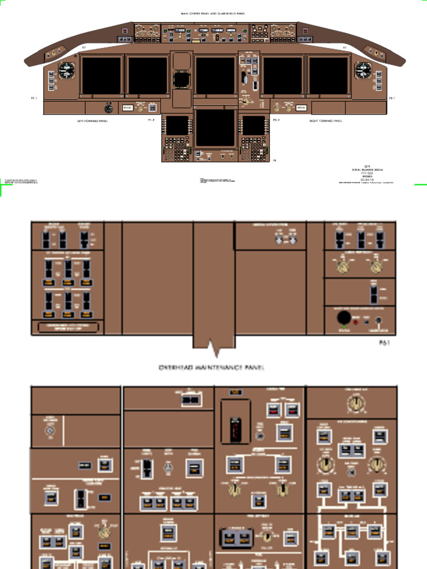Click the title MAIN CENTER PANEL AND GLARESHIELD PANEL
pos(213,13)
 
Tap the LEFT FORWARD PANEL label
pos(92,120)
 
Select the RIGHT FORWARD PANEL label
pos(326,120)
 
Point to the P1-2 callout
pos(151,120)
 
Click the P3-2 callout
pos(276,120)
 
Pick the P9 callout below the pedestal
pos(274,161)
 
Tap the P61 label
pos(384,343)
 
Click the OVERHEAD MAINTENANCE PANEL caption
pos(212,368)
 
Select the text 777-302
pos(367,173)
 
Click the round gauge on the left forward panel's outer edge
pos(67,71)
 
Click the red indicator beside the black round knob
pos(356,322)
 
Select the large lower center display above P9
pos(215,128)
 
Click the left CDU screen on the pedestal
pos(177,125)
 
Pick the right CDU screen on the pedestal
pos(253,125)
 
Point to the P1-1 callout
pos(34,98)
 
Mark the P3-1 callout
pos(391,98)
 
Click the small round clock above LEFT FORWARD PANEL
pos(108,108)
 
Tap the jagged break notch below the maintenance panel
pos(215,350)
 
